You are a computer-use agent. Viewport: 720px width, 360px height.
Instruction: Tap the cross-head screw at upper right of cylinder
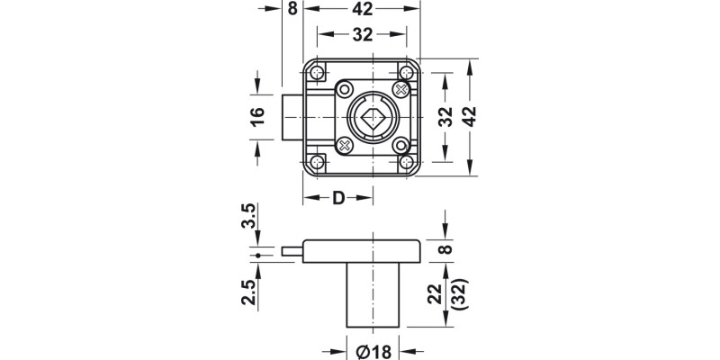(402, 88)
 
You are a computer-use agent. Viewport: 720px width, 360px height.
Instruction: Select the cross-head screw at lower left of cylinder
(344, 145)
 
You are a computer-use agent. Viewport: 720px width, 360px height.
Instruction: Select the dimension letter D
(338, 198)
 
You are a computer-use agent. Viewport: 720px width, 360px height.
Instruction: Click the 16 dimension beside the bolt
(257, 116)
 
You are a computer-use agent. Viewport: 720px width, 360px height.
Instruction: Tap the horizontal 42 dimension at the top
(363, 9)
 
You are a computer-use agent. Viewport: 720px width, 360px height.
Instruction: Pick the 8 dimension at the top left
(292, 9)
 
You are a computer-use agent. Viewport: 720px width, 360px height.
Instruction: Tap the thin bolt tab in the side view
(292, 253)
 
